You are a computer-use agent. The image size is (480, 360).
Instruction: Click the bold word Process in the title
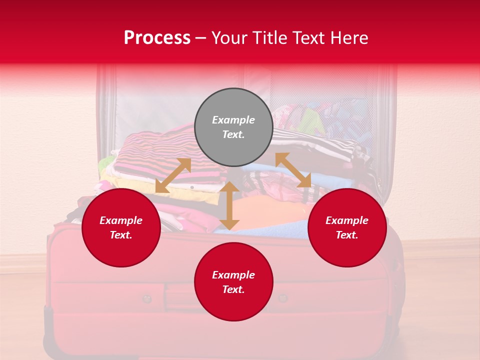[157, 38]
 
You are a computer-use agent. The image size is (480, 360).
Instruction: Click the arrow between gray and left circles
[173, 175]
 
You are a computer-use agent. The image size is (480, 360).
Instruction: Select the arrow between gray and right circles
[293, 170]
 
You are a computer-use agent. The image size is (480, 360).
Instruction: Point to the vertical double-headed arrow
[229, 206]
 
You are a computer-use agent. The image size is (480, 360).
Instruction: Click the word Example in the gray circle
[233, 120]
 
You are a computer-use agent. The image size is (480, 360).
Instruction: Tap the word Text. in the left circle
[121, 235]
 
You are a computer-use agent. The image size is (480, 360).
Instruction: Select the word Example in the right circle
[347, 220]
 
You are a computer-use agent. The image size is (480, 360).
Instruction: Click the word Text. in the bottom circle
[233, 289]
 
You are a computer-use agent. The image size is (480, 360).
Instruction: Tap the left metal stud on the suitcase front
[146, 299]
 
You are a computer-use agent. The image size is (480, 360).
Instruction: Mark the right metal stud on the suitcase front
[283, 298]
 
